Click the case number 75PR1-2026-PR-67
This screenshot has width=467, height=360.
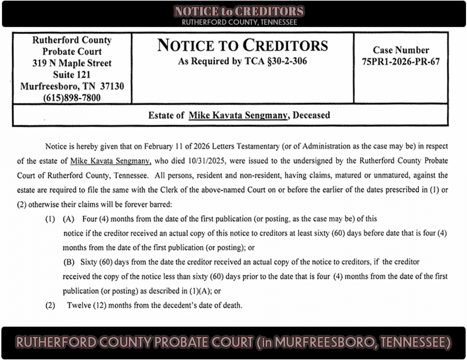(x=401, y=61)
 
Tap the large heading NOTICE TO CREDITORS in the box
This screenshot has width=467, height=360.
(x=243, y=46)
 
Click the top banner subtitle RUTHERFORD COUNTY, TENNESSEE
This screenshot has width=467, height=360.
(x=239, y=22)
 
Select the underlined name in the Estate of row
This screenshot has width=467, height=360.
(x=238, y=115)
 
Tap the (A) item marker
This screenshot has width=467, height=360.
(x=68, y=219)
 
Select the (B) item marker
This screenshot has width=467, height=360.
(x=69, y=262)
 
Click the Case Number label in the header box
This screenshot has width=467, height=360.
(x=401, y=50)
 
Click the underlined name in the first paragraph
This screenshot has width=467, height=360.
(x=104, y=161)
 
